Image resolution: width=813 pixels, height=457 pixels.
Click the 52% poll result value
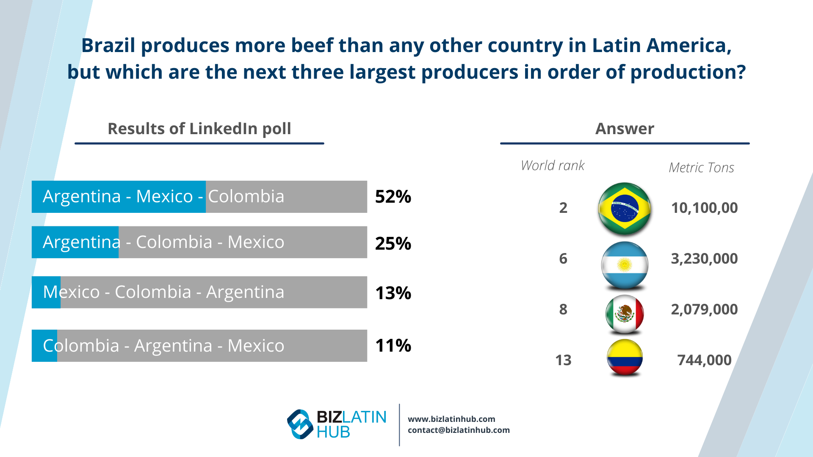[x=393, y=197]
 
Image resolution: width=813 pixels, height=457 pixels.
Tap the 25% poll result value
[x=393, y=243]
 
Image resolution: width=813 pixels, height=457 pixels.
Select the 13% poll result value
[x=393, y=293]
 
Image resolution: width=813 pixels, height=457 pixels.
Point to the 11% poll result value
[x=393, y=345]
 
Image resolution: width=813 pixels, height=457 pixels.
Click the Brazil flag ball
[x=625, y=208]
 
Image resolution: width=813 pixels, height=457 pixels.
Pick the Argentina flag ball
[x=625, y=265]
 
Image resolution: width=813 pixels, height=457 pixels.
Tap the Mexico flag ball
[x=625, y=314]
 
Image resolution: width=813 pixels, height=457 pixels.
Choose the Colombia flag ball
[x=625, y=358]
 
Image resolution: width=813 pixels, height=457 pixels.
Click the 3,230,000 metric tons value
[x=704, y=259]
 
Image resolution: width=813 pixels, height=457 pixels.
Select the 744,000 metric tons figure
[x=704, y=360]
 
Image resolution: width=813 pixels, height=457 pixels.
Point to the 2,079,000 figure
[x=704, y=309]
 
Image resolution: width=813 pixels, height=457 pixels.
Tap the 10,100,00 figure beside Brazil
[x=704, y=208]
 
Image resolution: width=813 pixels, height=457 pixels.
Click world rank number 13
[x=563, y=360]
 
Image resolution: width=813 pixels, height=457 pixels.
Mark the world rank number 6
[x=563, y=259]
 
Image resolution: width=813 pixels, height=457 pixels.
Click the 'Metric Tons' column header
[x=701, y=168]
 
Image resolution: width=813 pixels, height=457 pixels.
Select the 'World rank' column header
[x=553, y=165]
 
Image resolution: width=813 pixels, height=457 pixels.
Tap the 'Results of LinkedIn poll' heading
[x=199, y=129]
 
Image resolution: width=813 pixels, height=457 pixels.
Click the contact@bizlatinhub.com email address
[x=459, y=430]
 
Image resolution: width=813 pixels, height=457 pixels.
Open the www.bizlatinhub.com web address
[x=451, y=419]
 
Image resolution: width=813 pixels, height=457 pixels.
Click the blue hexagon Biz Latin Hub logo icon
[x=300, y=424]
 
